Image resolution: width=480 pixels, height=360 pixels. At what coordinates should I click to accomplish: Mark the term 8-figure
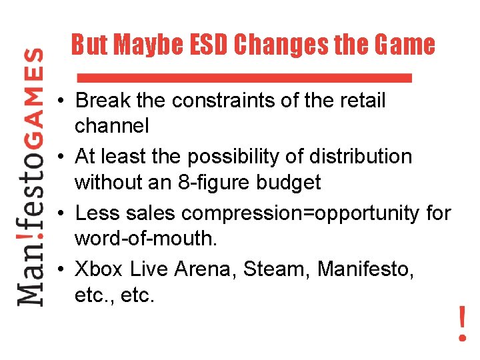(222, 182)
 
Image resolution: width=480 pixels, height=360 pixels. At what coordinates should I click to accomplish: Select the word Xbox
(99, 269)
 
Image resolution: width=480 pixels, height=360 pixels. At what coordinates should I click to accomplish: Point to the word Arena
(204, 269)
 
